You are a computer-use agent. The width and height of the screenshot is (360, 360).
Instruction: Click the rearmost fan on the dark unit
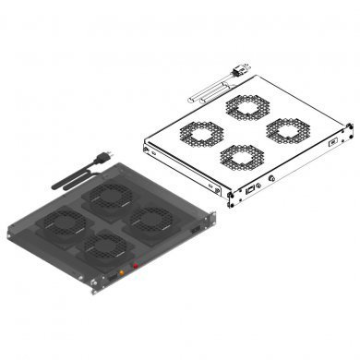coord(110,196)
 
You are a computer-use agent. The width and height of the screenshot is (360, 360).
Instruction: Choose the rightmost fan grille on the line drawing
coord(286,128)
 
